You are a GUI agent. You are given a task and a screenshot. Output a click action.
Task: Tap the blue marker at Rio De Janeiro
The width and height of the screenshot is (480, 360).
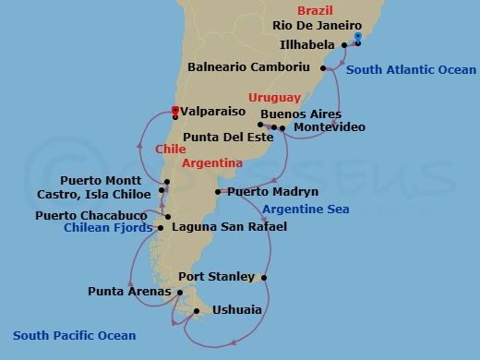pos(357,40)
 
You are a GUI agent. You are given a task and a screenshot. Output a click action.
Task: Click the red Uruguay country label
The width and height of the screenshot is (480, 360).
pos(274,97)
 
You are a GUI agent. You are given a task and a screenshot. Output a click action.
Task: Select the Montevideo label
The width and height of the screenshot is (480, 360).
pos(329,126)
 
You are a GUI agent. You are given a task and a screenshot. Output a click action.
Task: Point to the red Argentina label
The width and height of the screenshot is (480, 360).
pos(212,162)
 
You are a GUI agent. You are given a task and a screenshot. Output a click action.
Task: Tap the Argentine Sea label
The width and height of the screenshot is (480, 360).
pos(305,210)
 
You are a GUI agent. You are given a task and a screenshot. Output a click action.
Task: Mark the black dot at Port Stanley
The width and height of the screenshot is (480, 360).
pos(265,277)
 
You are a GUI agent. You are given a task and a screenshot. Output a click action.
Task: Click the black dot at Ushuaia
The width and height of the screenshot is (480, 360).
pos(197,311)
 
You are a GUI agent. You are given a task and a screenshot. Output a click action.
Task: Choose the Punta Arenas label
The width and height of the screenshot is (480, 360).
pos(129,292)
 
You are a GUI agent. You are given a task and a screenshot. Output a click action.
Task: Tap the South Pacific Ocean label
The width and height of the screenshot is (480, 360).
pos(74,336)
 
